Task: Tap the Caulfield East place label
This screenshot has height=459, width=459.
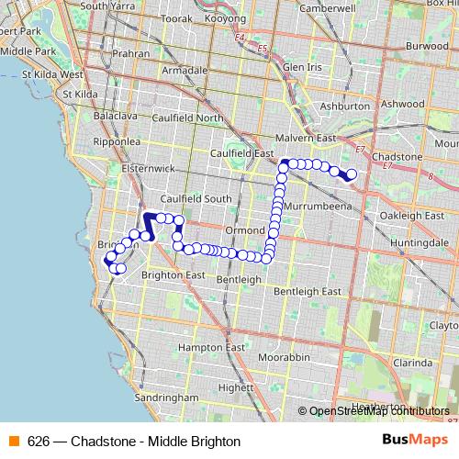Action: tap(243, 153)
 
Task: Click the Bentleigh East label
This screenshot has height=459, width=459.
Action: tap(308, 291)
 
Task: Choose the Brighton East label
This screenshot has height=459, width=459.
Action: tap(173, 275)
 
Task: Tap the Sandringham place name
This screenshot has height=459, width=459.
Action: tap(168, 397)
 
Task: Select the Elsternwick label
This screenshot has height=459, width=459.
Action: tap(147, 169)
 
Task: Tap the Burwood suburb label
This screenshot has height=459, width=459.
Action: tap(427, 45)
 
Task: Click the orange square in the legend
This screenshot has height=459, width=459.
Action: tap(13, 441)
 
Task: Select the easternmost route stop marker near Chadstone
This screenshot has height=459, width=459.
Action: tap(351, 174)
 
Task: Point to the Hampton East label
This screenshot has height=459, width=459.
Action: tap(214, 347)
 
